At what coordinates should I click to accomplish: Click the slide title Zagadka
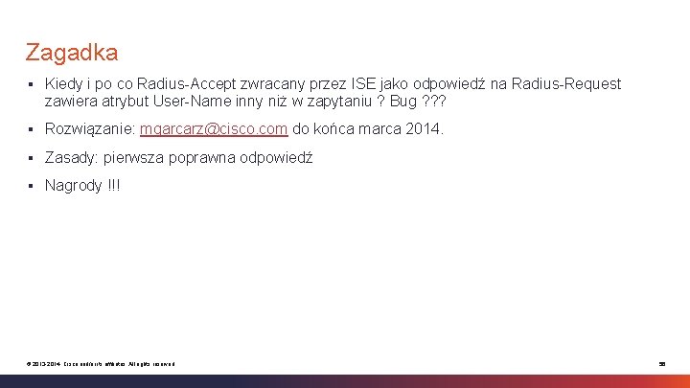pos(72,52)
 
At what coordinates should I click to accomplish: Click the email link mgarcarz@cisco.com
pos(214,128)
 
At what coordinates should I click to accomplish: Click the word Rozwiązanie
pos(90,128)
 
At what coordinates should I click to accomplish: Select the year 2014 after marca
pos(424,128)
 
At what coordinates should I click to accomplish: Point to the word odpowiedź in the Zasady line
pos(277,157)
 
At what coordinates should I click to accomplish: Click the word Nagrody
pos(73,185)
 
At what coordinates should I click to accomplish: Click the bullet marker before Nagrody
pos(32,186)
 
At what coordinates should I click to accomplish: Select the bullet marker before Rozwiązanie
pos(32,129)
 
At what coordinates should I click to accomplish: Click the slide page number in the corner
pos(661,364)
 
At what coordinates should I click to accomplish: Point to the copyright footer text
pos(101,364)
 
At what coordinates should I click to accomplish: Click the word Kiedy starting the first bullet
pos(64,84)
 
